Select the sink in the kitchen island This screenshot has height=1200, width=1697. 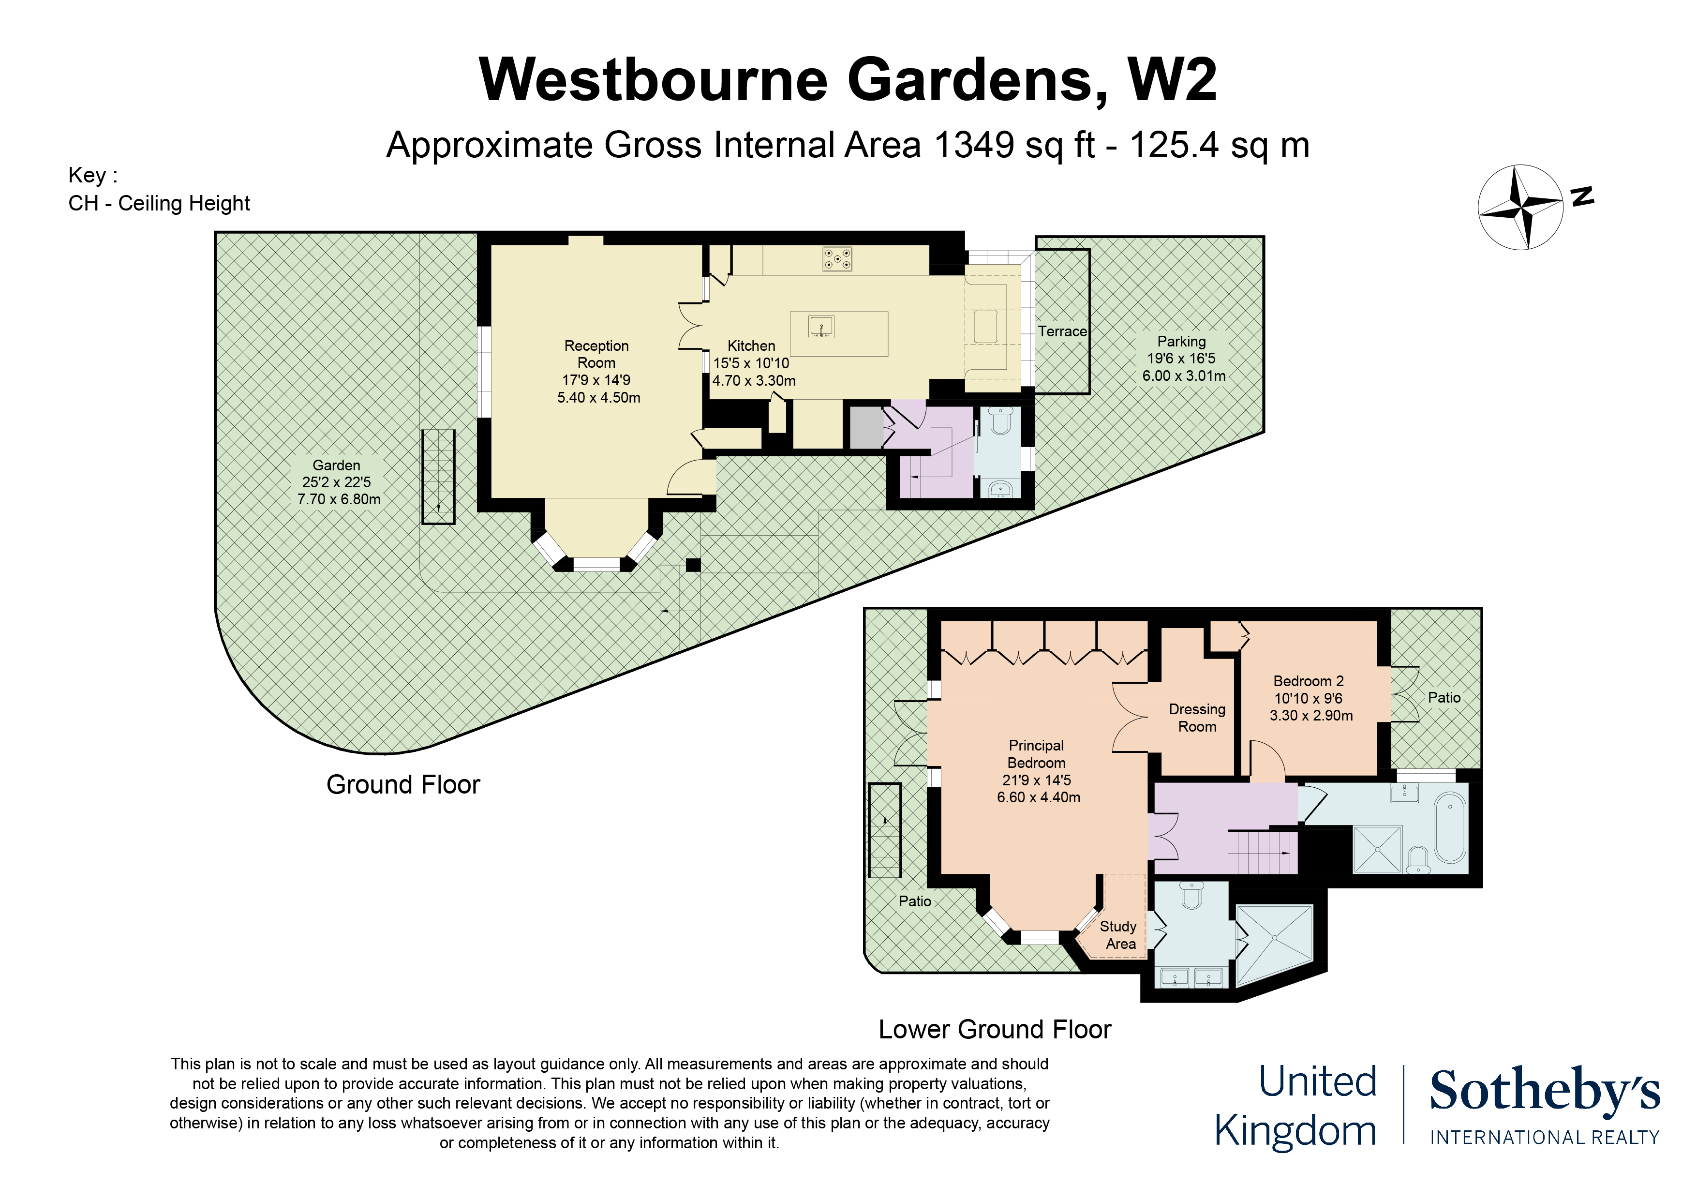click(821, 326)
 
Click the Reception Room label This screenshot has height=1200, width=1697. click(596, 354)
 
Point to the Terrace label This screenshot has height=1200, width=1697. click(1062, 331)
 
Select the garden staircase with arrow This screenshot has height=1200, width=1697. click(438, 477)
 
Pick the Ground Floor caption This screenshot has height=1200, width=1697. click(403, 784)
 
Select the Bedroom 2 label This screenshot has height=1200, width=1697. click(1308, 681)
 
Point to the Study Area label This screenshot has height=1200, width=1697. click(1119, 934)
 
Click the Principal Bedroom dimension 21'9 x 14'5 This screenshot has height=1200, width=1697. click(1036, 780)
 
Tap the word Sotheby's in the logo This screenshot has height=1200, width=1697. click(1544, 1091)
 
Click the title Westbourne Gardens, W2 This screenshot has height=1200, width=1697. click(847, 80)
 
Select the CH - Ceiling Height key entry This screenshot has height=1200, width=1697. click(159, 203)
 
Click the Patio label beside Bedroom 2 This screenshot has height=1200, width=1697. click(1444, 697)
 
